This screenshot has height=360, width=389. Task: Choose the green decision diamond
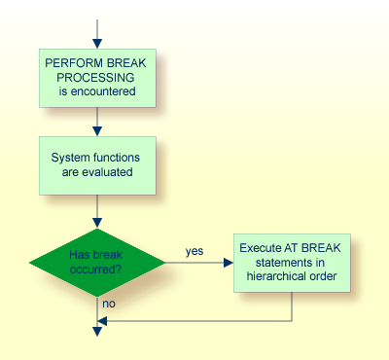tap(96, 263)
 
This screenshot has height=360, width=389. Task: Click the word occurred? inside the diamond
tap(95, 270)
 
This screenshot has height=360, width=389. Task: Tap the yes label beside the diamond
tap(194, 251)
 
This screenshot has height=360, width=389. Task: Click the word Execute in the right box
tap(262, 247)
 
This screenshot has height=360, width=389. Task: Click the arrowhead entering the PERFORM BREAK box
tap(96, 45)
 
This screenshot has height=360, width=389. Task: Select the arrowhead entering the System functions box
tap(96, 131)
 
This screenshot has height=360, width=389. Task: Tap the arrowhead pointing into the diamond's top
tap(96, 223)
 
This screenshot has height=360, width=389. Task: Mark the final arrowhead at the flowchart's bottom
tap(96, 332)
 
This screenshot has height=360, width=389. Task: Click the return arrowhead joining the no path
tap(102, 320)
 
